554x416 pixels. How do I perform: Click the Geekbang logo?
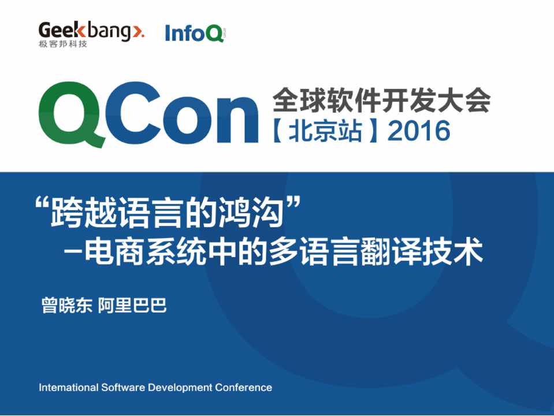[x=91, y=34]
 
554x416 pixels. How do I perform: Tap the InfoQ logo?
[x=195, y=33]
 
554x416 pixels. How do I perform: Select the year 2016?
[x=419, y=131]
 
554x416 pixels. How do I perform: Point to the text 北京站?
[x=325, y=131]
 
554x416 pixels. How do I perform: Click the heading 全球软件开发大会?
[x=382, y=100]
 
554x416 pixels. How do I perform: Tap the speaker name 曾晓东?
[x=67, y=305]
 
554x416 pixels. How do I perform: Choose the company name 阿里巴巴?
[x=132, y=305]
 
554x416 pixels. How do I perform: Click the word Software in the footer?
[x=123, y=387]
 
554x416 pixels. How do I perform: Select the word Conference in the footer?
[x=243, y=387]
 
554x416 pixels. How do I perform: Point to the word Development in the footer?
[x=180, y=388]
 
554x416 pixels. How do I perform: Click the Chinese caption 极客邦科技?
[x=63, y=44]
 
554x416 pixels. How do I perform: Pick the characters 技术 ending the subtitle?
[x=452, y=252]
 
